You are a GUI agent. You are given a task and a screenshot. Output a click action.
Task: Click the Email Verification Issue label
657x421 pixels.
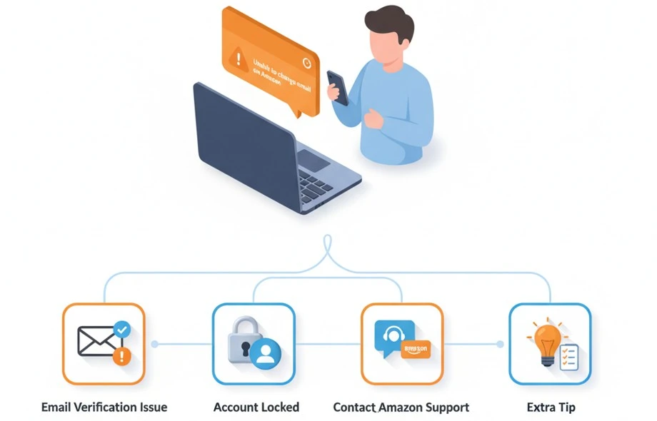104,407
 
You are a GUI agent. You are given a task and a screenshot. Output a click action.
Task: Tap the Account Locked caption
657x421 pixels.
256,407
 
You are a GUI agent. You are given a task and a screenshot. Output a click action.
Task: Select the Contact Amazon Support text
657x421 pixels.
401,407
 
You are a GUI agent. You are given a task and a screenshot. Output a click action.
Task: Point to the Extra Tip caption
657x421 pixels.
551,407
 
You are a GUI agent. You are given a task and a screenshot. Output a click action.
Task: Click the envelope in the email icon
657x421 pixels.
97,341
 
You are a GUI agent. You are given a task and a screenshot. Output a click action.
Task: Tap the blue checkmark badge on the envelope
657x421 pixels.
123,330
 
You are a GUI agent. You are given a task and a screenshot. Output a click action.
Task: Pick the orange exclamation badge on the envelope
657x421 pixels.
123,355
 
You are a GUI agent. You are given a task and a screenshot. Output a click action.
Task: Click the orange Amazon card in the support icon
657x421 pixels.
416,351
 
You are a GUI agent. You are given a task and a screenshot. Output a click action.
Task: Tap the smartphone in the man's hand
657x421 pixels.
338,87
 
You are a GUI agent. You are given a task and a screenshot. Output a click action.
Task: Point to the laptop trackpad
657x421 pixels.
313,159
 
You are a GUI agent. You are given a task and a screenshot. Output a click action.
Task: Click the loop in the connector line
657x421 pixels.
328,246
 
